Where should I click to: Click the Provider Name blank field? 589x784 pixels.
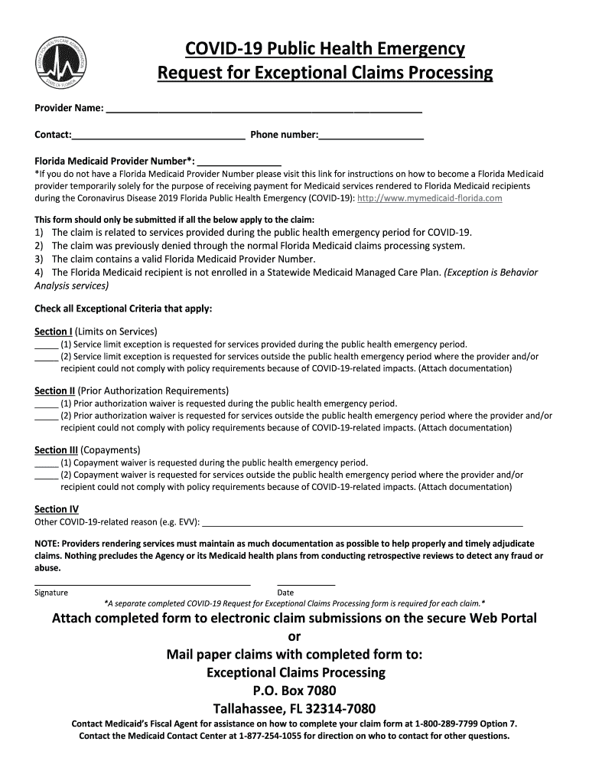pos(264,109)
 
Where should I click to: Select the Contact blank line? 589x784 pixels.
pos(158,136)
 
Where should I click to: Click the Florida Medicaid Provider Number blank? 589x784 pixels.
pos(239,163)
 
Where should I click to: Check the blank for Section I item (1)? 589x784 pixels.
pos(46,345)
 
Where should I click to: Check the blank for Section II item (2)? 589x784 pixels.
pos(46,416)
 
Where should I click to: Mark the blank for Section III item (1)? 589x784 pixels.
pos(46,463)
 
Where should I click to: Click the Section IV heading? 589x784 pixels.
pos(57,509)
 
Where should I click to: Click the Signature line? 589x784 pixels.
pos(142,584)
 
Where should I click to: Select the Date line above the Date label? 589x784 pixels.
pos(306,584)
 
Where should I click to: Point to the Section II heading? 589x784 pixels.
pos(55,390)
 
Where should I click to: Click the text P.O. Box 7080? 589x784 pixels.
pos(294,691)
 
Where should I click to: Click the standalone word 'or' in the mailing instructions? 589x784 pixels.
pos(294,637)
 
